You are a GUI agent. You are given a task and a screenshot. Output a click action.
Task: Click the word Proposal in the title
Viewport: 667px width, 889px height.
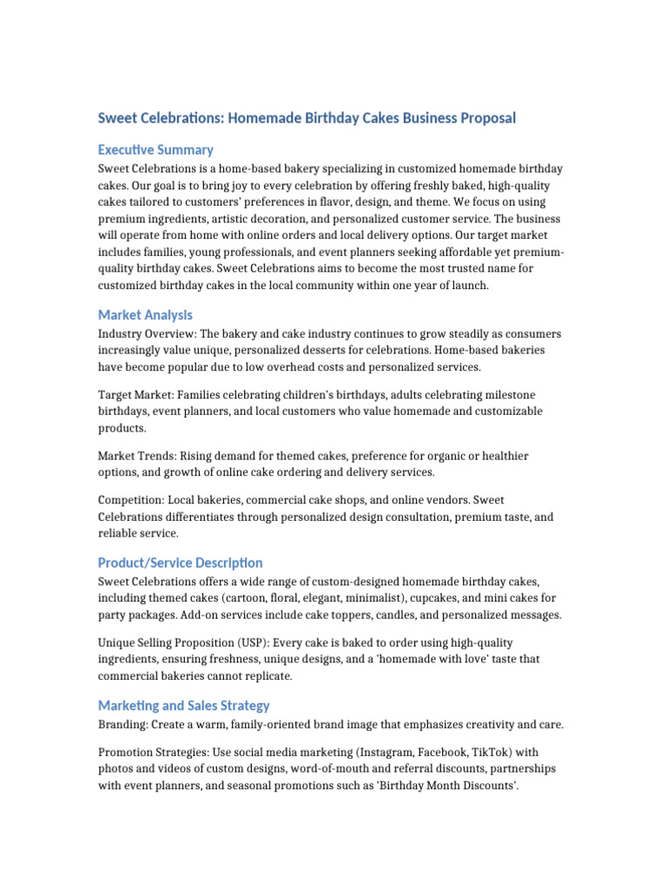click(x=483, y=118)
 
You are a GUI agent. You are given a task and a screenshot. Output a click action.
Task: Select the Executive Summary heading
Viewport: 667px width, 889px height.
click(x=155, y=149)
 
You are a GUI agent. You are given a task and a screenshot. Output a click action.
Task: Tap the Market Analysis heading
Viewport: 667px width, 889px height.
click(x=145, y=314)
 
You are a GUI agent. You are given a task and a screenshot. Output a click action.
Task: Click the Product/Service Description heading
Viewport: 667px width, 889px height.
click(x=180, y=563)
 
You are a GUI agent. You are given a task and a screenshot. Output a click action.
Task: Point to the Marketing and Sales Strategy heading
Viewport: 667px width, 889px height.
click(x=183, y=706)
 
